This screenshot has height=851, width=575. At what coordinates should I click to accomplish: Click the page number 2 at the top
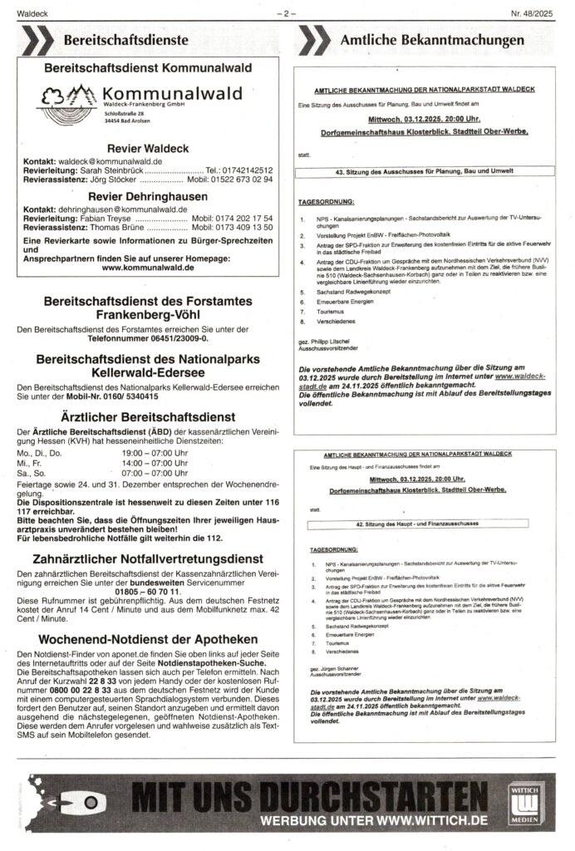(x=287, y=12)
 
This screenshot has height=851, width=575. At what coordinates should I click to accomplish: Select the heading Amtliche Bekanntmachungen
(x=431, y=40)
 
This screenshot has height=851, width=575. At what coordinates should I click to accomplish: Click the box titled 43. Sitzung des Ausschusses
(x=428, y=172)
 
